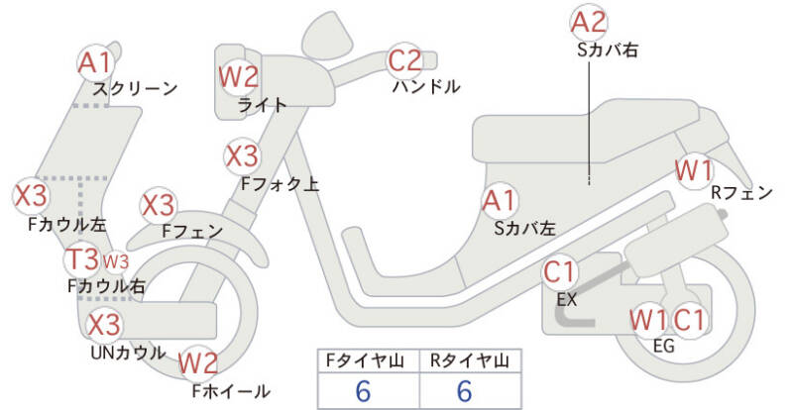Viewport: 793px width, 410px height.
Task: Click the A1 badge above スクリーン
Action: point(96,63)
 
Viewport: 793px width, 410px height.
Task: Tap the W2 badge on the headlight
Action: point(238,76)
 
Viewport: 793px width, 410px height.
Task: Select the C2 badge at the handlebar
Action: point(404,61)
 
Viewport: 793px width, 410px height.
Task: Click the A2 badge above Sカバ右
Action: point(589,22)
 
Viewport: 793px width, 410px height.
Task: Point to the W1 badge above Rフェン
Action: point(694,168)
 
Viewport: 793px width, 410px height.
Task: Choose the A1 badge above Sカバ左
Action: point(500,201)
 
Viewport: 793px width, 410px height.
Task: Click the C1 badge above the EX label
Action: point(560,271)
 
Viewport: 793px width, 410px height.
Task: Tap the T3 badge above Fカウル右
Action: point(82,260)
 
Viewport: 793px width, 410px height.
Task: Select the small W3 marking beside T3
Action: point(116,261)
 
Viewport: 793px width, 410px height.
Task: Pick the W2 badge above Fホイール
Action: point(198,363)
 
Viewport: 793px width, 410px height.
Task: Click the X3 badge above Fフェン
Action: point(159,205)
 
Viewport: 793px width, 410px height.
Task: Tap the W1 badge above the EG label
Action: point(648,320)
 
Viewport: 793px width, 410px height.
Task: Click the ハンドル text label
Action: point(426,87)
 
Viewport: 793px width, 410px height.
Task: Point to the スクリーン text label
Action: point(136,89)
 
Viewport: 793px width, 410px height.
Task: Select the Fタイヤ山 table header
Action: point(363,359)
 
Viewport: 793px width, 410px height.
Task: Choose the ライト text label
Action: point(263,104)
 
